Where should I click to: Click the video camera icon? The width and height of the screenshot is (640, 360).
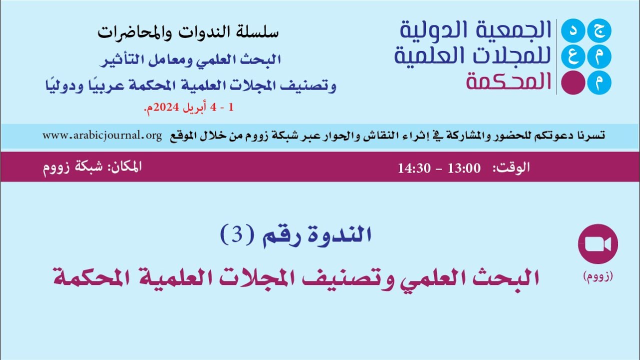597,244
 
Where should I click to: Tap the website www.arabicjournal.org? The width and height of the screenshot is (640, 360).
102,135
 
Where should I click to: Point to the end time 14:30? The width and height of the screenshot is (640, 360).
414,168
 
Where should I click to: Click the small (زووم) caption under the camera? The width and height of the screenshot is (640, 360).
597,275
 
